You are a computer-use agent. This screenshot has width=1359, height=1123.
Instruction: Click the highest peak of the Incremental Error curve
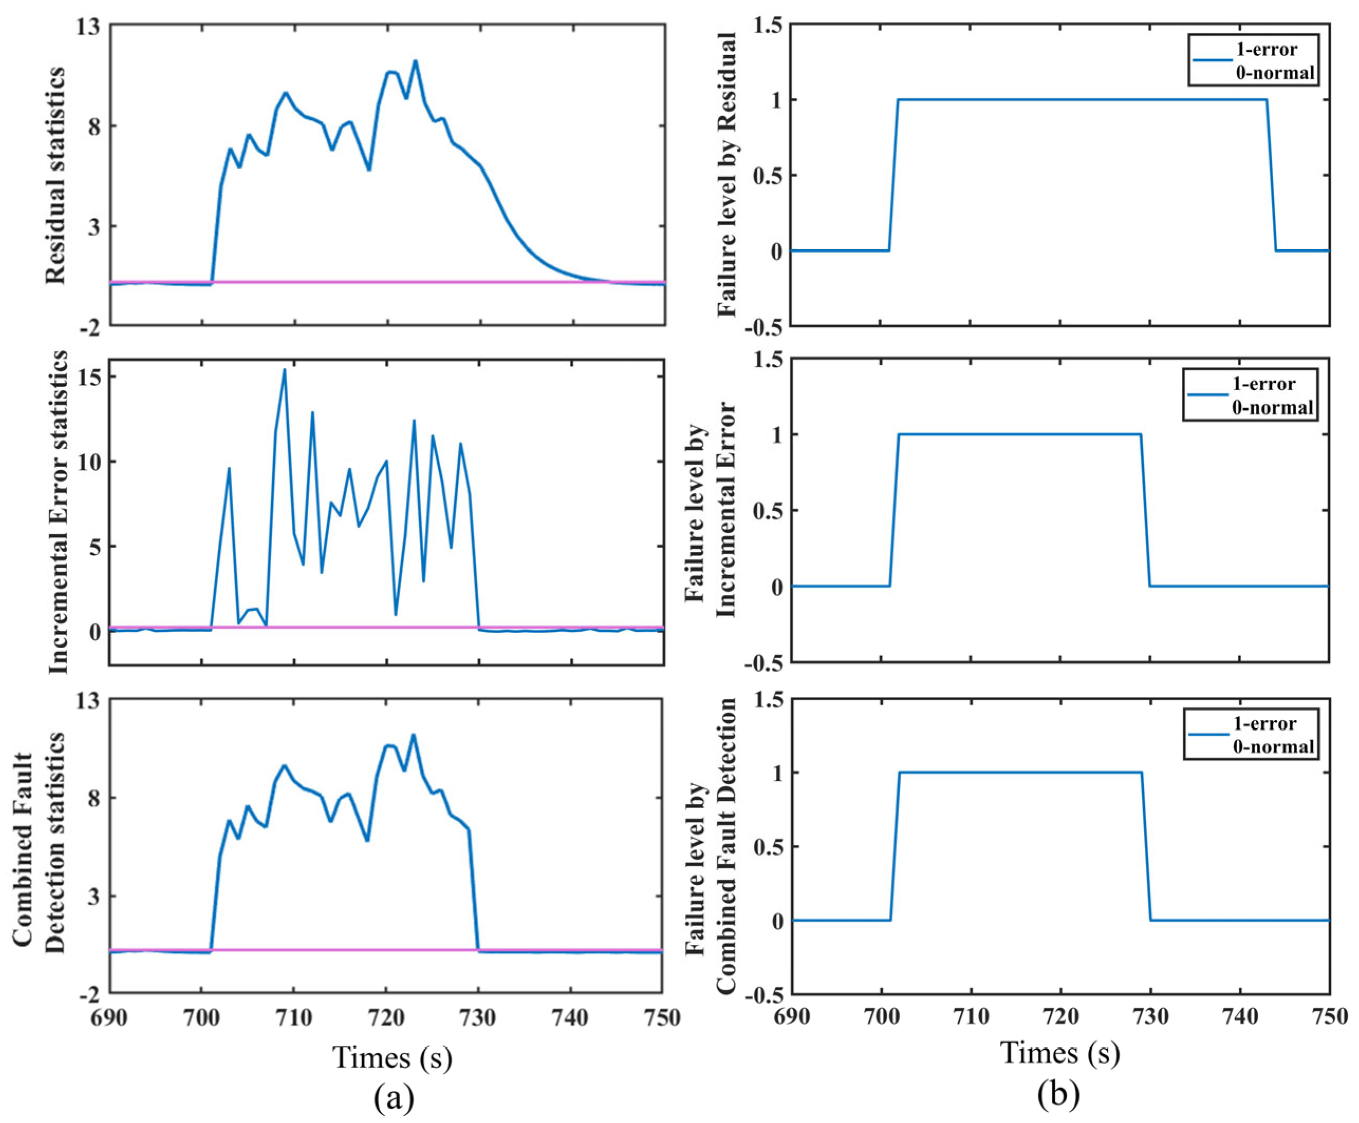pos(284,370)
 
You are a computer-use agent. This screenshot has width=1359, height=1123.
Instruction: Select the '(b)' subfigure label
pos(1058,1093)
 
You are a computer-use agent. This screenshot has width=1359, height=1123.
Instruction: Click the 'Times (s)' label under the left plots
pos(392,1057)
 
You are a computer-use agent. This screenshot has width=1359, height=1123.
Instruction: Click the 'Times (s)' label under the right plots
pos(1059,1053)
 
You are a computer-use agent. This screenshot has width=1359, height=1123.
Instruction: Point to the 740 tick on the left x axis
pos(570,1018)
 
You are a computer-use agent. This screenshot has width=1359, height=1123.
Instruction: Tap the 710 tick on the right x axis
pos(971,1016)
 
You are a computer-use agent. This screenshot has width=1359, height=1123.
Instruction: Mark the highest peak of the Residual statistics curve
pos(415,61)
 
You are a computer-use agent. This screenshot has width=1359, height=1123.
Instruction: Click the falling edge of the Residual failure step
pos(1271,174)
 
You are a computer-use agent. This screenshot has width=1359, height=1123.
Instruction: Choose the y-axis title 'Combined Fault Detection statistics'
pos(39,848)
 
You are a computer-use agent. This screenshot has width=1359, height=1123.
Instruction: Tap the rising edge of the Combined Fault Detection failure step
pos(894,846)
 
